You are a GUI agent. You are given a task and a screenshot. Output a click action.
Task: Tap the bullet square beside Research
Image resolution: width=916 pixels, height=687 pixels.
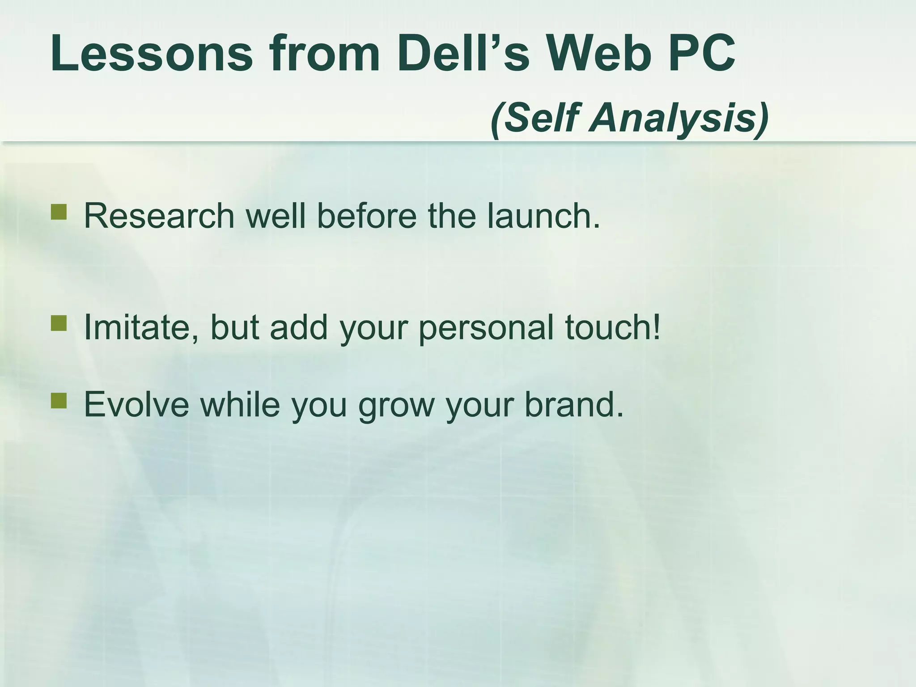coord(59,212)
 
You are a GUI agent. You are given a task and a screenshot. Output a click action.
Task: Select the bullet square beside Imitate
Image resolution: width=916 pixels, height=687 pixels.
coord(59,323)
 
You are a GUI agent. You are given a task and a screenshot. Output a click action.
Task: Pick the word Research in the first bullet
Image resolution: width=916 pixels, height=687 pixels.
coord(159,216)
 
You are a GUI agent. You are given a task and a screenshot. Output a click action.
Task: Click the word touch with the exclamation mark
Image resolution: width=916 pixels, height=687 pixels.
coord(612,327)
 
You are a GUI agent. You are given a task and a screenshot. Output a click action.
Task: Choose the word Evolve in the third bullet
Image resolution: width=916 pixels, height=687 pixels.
coord(137,404)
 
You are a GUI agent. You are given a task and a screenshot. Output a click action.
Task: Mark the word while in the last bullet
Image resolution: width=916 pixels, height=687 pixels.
coord(240,404)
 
